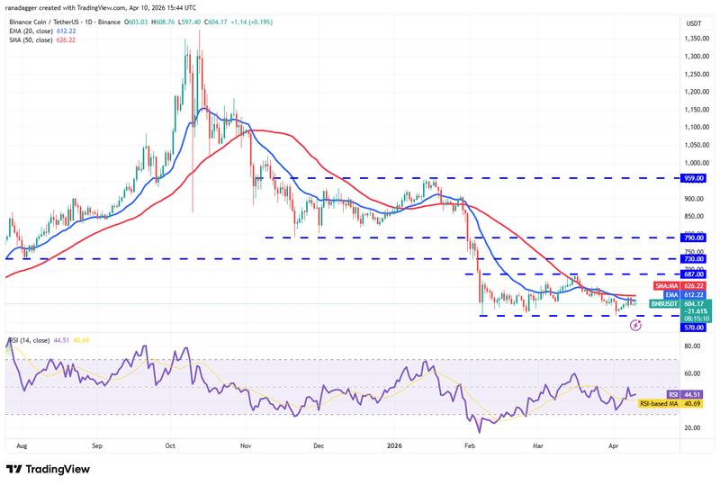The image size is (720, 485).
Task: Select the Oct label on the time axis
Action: pyautogui.click(x=170, y=445)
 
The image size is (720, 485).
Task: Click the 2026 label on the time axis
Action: pyautogui.click(x=394, y=445)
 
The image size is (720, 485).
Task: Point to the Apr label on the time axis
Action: pyautogui.click(x=615, y=445)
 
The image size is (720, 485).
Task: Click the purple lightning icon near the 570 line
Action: pyautogui.click(x=635, y=325)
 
